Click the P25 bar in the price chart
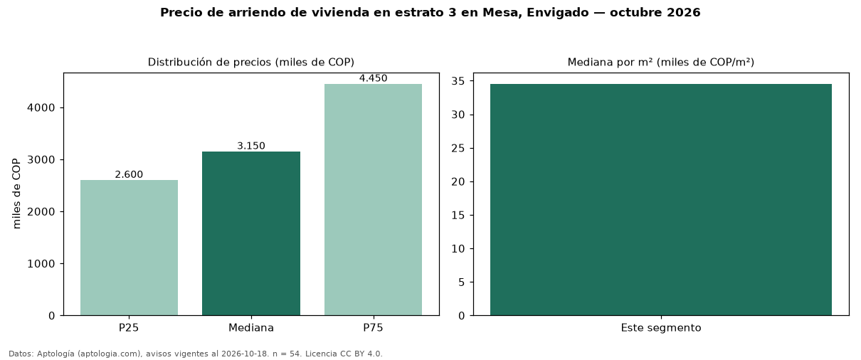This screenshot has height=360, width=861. coord(130,248)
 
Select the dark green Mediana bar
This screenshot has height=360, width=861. coord(251,233)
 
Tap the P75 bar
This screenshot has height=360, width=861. coord(373,200)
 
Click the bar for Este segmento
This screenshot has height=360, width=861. coord(661,200)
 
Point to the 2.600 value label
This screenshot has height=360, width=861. coord(129,174)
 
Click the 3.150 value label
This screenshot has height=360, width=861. coord(251,146)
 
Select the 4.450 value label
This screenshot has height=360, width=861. coord(373,78)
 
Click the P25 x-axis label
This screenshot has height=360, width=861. coord(129,328)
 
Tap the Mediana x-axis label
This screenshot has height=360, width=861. coord(251,328)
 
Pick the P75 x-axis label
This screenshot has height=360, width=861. coord(373,328)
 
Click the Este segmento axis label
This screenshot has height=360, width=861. coord(661,328)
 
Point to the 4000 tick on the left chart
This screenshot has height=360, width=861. coord(41,108)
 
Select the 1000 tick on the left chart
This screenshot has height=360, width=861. coord(41,264)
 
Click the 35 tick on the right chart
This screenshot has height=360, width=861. coord(458,81)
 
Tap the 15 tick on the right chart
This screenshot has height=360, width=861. coord(458,215)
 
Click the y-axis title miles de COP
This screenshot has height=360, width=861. coord(16,194)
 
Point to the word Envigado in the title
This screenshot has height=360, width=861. coord(557,13)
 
